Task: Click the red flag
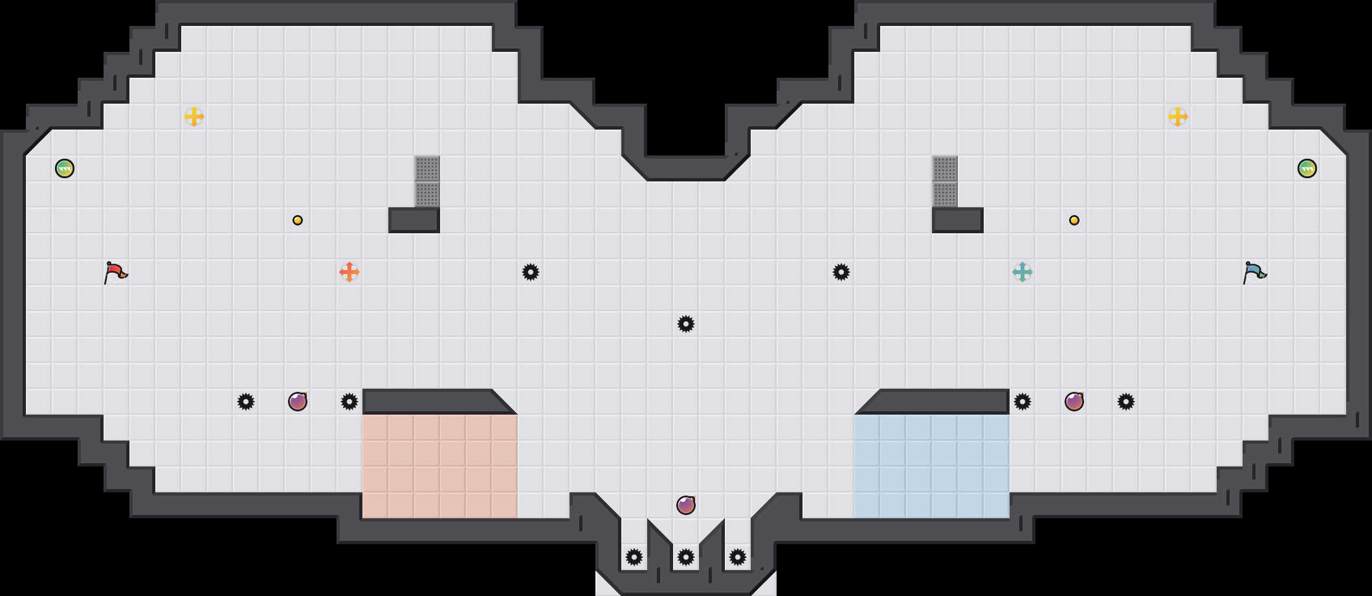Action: (115, 272)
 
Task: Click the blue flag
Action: (1254, 272)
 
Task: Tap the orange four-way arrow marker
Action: (349, 272)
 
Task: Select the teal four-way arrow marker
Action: (1023, 272)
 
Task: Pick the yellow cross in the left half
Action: (194, 117)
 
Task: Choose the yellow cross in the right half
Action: (1178, 117)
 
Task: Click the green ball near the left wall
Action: (65, 168)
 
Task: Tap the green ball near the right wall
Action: (1307, 168)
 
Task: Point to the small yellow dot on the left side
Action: (298, 220)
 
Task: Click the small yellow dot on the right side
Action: (1074, 220)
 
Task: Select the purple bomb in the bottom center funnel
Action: (686, 505)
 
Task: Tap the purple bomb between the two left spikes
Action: (298, 402)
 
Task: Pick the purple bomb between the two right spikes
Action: (1074, 402)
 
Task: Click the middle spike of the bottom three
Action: (686, 557)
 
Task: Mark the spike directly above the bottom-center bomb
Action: (686, 324)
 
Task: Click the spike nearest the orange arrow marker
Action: (349, 402)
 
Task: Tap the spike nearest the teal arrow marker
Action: (1023, 402)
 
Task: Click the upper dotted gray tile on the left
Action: (427, 168)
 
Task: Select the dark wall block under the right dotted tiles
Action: (958, 220)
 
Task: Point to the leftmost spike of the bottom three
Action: (634, 557)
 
